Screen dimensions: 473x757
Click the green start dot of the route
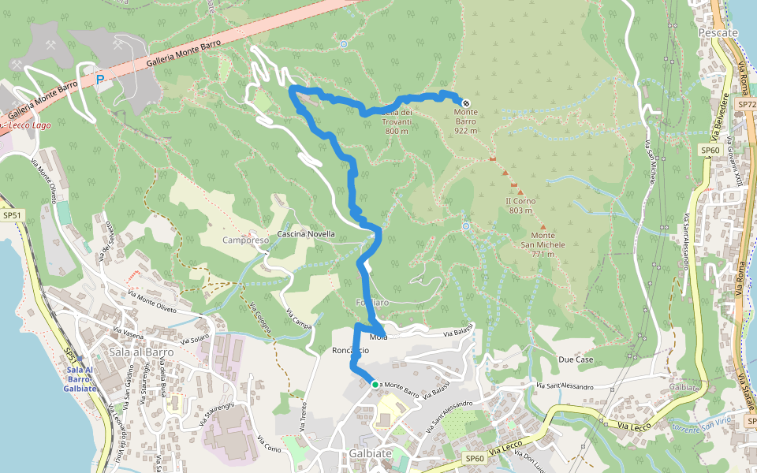click(374, 384)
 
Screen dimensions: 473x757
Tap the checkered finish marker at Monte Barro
click(466, 102)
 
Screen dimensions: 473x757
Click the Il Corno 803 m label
click(520, 206)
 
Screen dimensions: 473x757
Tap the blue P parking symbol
click(99, 79)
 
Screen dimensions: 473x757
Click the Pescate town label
click(718, 33)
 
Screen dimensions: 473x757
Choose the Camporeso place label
click(246, 240)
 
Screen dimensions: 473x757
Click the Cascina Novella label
click(307, 234)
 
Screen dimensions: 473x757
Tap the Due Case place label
click(575, 359)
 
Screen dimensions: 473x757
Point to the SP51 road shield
click(11, 215)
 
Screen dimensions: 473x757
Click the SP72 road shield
click(746, 104)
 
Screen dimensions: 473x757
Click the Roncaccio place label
click(350, 350)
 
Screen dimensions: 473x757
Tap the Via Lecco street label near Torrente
click(634, 426)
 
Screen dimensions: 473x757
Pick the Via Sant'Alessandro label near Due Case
click(565, 386)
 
